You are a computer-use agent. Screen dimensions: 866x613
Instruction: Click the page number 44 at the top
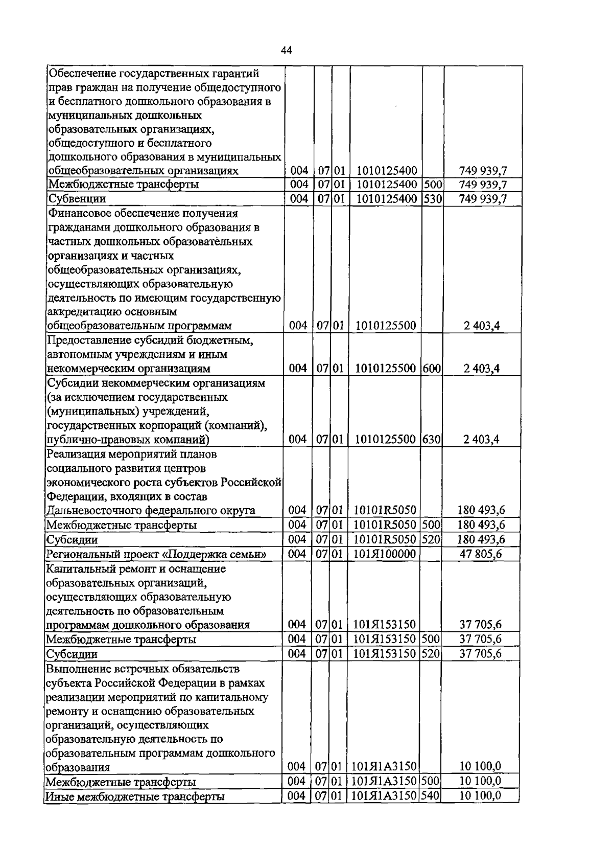point(287,50)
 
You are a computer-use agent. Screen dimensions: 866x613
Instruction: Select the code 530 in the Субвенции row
point(433,199)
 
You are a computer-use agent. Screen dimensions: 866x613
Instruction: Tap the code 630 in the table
point(433,439)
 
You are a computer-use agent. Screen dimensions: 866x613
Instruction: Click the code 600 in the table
point(433,368)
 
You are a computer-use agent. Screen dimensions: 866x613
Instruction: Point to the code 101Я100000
point(384,554)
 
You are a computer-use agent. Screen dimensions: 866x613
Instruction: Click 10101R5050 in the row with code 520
point(385,539)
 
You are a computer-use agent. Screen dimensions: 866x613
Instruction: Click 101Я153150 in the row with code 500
point(385,639)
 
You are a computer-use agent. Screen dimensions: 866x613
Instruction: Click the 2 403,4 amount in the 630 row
point(481,439)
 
